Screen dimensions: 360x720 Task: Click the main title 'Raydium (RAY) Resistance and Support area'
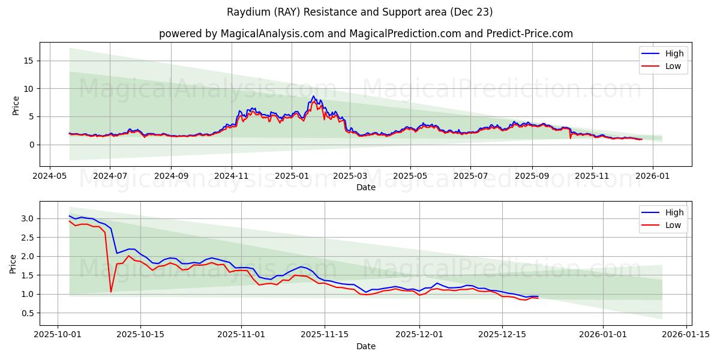tap(359, 12)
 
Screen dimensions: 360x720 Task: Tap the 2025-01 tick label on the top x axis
tap(292, 177)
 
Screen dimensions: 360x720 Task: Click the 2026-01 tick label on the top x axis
tap(652, 177)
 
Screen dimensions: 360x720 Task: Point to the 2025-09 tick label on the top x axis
tap(532, 177)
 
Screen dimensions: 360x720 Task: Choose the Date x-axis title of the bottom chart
tap(365, 346)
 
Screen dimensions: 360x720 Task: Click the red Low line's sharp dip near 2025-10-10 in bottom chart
tap(111, 292)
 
